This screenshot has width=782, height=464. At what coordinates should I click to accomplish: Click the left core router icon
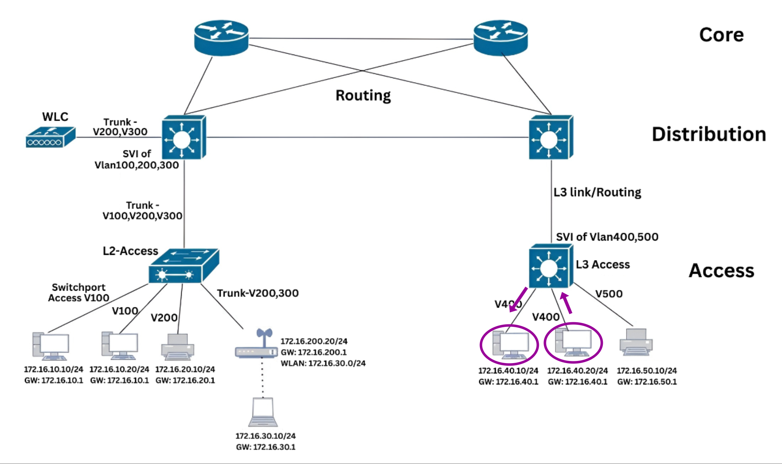coord(221,38)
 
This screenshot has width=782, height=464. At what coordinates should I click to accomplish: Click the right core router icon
coord(500,38)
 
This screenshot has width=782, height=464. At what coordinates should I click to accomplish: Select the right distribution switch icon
coord(551,137)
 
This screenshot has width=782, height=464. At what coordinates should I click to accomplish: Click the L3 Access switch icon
coord(551,266)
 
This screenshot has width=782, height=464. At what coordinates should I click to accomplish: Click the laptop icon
coord(263,412)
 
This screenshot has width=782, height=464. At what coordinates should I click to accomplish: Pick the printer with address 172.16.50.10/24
coord(636,342)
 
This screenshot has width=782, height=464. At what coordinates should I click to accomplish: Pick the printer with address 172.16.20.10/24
coord(178,347)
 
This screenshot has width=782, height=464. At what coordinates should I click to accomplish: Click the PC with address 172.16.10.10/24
coord(50,346)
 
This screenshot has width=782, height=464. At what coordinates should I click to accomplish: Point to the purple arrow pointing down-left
coord(518,299)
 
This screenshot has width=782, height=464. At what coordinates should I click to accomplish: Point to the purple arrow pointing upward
coord(567,303)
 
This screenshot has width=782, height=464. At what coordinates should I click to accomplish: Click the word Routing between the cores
coord(363,95)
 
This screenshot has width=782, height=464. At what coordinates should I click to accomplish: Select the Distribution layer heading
coord(708,134)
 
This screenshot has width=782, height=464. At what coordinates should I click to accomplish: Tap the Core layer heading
coord(721,35)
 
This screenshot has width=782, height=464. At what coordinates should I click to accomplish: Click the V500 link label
coord(609,294)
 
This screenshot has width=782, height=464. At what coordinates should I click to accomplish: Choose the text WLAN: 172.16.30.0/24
coord(323,363)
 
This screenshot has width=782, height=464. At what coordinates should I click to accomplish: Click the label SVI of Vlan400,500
coord(607,237)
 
